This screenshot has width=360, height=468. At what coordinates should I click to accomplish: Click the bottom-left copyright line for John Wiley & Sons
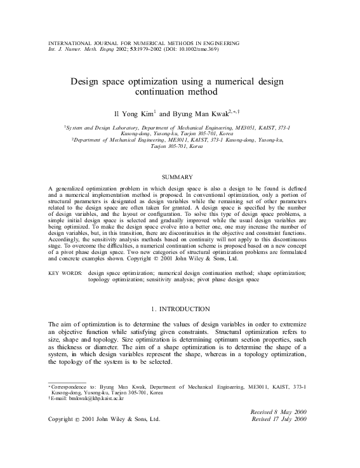pyautogui.click(x=105, y=420)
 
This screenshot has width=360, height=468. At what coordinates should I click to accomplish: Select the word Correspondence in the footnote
pyautogui.click(x=70, y=386)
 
